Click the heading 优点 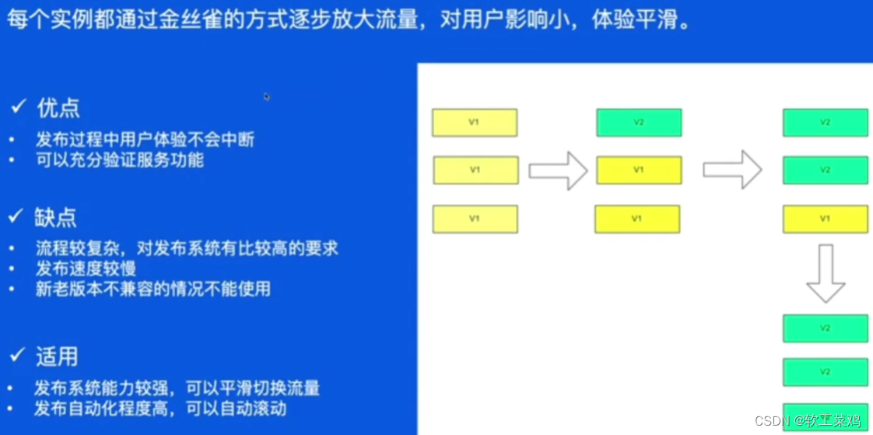(x=58, y=108)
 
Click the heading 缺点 (x=55, y=217)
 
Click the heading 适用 (x=57, y=356)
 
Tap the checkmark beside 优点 (x=18, y=107)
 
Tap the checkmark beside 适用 (x=18, y=356)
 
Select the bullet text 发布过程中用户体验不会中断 (x=145, y=140)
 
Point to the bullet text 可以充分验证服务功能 (x=119, y=160)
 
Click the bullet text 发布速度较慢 (x=86, y=269)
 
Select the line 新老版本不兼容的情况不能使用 (x=153, y=289)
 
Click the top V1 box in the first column (x=475, y=123)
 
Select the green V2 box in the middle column (x=639, y=123)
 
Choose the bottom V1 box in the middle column (x=637, y=219)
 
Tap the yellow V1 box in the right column (x=825, y=219)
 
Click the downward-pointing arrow (x=826, y=272)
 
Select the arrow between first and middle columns (x=558, y=170)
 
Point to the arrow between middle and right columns (x=732, y=170)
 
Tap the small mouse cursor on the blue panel (x=267, y=96)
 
